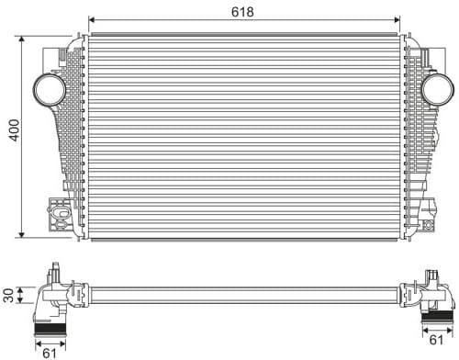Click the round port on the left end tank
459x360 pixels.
click(x=48, y=90)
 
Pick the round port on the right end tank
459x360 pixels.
click(x=438, y=90)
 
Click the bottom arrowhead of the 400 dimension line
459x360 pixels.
click(x=22, y=235)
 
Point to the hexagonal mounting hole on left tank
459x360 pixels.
click(x=62, y=217)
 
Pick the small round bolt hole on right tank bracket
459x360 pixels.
click(x=428, y=221)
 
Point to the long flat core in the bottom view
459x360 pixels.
click(x=243, y=295)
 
